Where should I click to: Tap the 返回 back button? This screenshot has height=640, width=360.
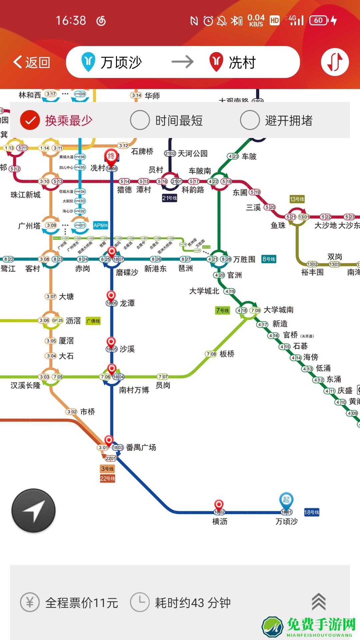click(32, 62)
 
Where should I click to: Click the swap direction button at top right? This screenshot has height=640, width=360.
click(335, 62)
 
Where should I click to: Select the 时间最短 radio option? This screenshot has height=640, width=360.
click(140, 120)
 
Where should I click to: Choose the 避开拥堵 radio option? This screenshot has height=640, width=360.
click(250, 120)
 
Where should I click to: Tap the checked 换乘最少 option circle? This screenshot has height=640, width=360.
click(30, 120)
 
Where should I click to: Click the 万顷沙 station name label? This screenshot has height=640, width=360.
click(286, 521)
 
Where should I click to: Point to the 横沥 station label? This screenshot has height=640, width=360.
click(220, 521)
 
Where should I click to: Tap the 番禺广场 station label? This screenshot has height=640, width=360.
click(141, 447)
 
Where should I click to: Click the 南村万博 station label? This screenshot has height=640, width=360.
click(134, 390)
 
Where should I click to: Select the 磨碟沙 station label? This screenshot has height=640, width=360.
click(127, 272)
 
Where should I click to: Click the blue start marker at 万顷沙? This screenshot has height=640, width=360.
click(286, 500)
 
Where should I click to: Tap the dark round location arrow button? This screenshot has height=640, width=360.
click(33, 510)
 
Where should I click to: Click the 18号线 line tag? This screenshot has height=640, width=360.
click(312, 512)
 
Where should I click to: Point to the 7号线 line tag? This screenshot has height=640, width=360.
click(222, 310)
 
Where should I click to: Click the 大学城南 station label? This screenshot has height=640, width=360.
click(278, 310)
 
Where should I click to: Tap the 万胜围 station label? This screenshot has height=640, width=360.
click(244, 259)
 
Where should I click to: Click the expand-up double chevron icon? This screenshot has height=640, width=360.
click(318, 602)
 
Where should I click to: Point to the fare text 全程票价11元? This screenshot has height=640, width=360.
click(82, 603)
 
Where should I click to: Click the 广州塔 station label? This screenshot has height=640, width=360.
click(29, 226)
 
